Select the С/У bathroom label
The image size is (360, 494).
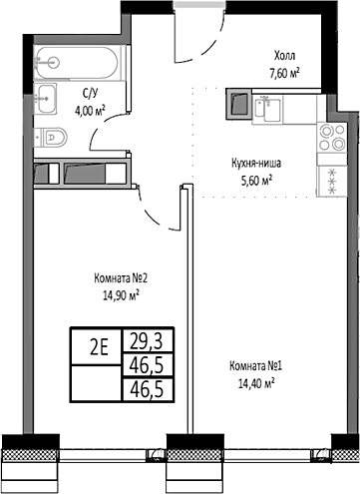(90, 96)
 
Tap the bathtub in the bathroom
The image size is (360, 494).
(76, 62)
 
